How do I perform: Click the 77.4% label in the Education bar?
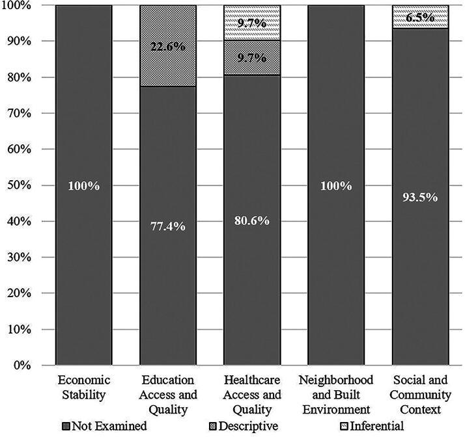pos(168,226)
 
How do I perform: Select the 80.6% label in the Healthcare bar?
pos(252,220)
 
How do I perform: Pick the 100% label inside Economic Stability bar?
pos(84,186)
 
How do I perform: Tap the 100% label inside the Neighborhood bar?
pos(336,186)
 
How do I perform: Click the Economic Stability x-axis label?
pos(84,387)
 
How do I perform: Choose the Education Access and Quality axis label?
pos(168,394)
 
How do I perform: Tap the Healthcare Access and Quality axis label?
pos(252,394)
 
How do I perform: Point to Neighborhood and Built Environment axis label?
pos(336,394)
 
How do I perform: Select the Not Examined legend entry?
pos(104,427)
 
